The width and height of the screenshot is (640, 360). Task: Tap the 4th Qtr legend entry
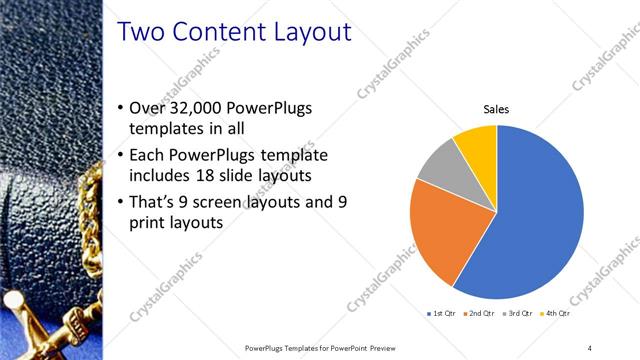pyautogui.click(x=557, y=315)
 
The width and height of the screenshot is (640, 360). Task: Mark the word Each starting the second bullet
pyautogui.click(x=151, y=156)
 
